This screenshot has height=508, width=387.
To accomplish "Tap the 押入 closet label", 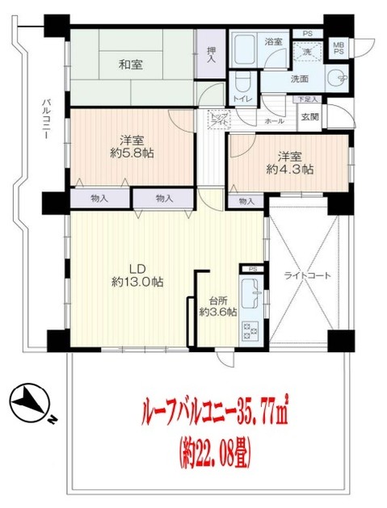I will coord(212,54).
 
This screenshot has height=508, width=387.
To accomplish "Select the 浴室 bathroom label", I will coord(274,41).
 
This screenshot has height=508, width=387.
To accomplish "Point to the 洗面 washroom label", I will coord(300,80).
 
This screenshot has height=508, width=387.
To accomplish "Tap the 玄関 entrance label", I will coord(309,116).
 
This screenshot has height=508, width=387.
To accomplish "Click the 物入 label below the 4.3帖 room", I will coord(246,200).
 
